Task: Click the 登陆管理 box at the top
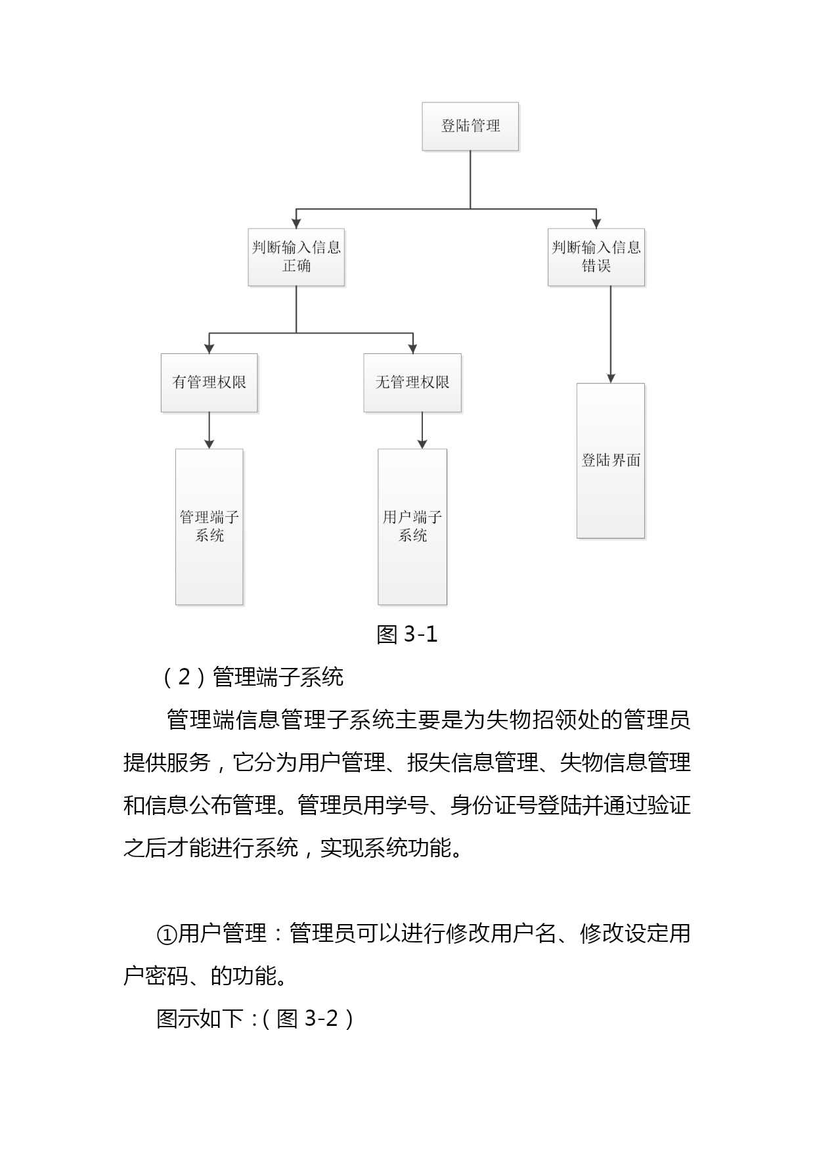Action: click(470, 126)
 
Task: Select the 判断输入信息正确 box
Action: click(296, 257)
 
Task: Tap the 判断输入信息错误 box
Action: click(596, 257)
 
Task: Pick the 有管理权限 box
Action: click(209, 383)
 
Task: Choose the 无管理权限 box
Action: click(412, 383)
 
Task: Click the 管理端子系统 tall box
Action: click(209, 527)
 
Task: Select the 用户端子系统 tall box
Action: click(412, 527)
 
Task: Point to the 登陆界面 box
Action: click(611, 460)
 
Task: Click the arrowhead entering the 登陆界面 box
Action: click(611, 378)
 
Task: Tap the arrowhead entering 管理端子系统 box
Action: click(209, 444)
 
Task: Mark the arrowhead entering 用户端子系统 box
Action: click(422, 444)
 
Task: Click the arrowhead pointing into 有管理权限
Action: click(209, 349)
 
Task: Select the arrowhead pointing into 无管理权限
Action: click(412, 349)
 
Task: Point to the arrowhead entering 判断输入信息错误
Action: click(596, 223)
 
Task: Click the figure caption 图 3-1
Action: click(407, 634)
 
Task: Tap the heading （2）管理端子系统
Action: click(252, 676)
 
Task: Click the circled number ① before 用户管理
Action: click(167, 933)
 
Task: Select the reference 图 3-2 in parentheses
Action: click(307, 1019)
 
